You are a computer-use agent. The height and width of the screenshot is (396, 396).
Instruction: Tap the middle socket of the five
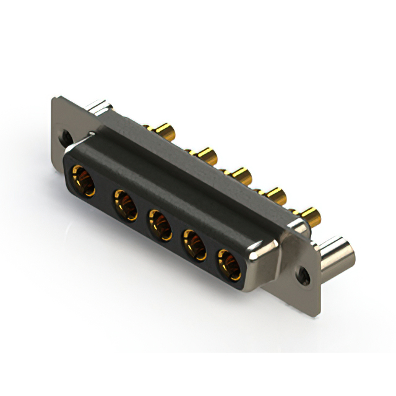[x=159, y=224]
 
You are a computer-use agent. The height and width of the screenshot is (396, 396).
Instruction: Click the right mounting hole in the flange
[x=303, y=272]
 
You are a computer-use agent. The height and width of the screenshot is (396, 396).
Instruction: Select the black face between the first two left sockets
[x=103, y=192]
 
